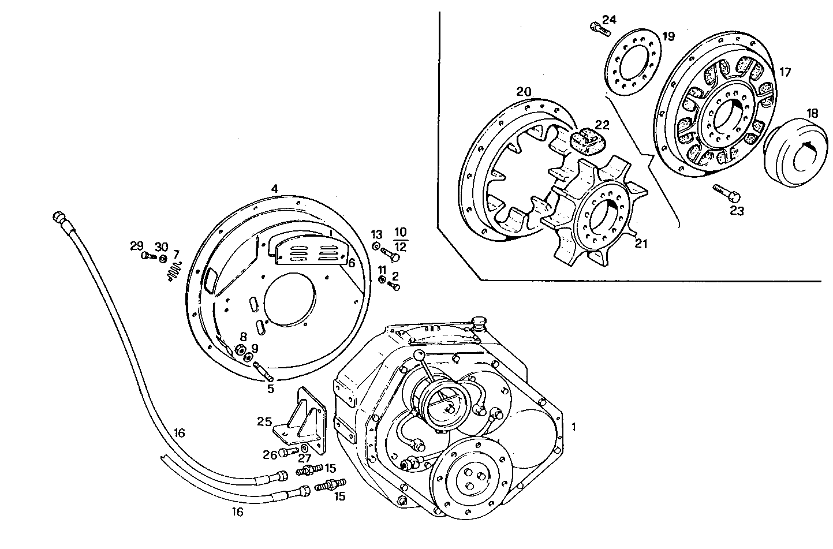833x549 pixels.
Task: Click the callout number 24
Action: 608,20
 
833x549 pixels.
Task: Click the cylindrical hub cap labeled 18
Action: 794,156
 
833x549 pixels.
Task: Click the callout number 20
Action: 524,92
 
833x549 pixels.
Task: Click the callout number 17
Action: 785,72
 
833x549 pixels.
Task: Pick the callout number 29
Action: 136,246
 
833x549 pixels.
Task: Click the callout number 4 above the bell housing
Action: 275,189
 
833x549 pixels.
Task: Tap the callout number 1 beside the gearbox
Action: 573,427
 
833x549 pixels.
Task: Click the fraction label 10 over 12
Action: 400,240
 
